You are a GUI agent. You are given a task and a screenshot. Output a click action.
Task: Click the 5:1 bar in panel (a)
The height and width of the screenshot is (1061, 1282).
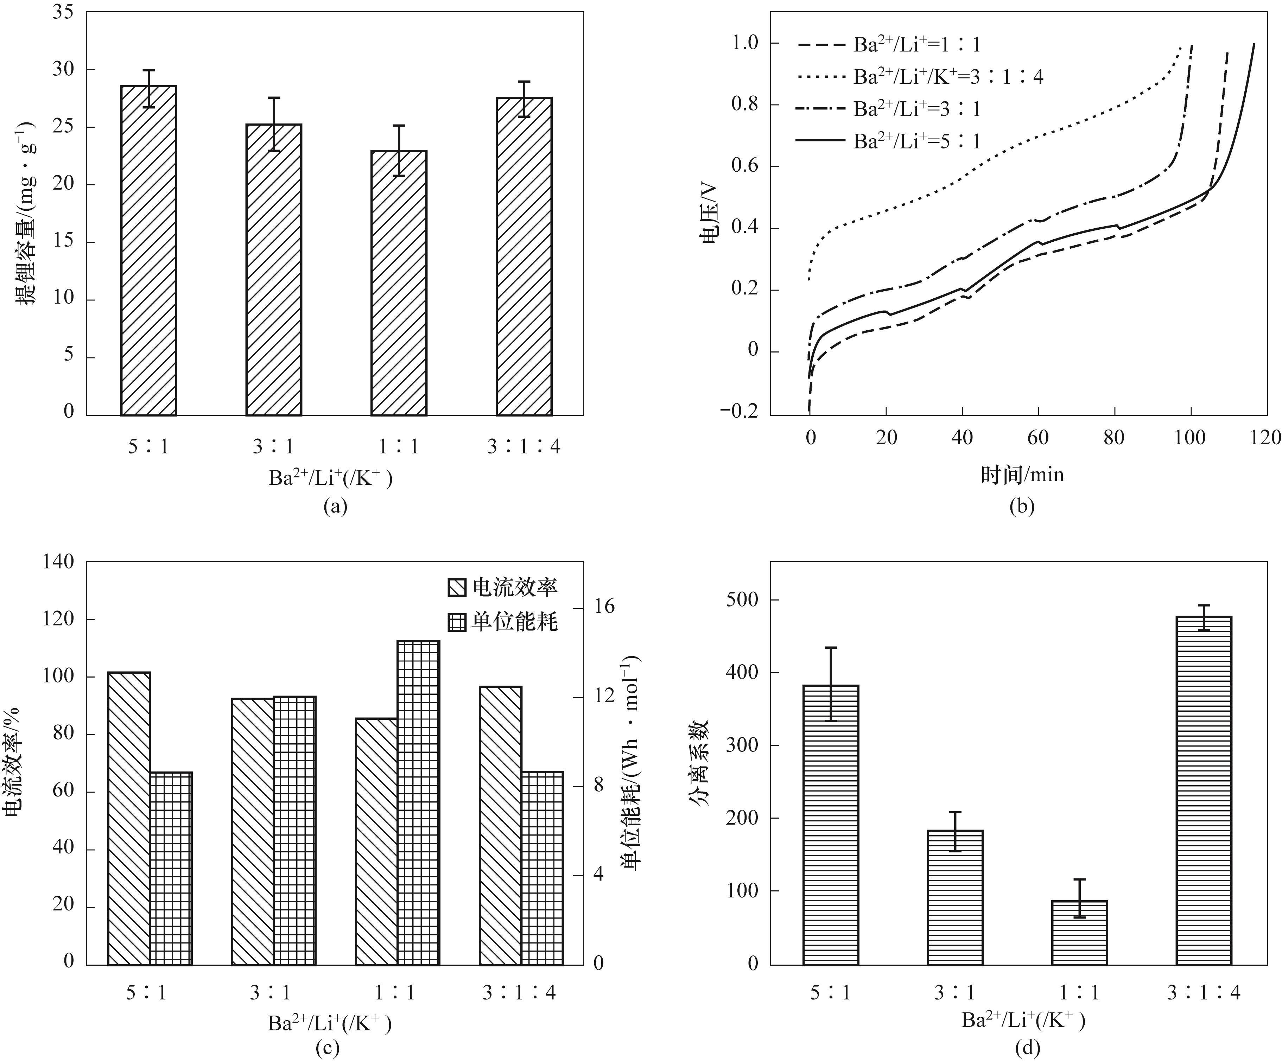[149, 250]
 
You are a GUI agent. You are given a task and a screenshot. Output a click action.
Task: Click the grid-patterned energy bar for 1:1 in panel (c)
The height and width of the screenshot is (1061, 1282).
[418, 803]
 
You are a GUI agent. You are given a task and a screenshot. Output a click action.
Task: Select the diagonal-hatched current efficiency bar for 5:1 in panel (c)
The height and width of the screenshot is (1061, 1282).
[129, 818]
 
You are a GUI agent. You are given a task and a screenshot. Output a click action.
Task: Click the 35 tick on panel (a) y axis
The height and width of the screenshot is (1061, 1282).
[63, 12]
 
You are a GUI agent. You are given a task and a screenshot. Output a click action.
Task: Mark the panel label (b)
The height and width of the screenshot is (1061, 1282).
[1021, 506]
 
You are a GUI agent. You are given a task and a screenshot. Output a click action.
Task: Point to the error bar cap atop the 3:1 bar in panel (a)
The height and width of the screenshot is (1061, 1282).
[273, 98]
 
